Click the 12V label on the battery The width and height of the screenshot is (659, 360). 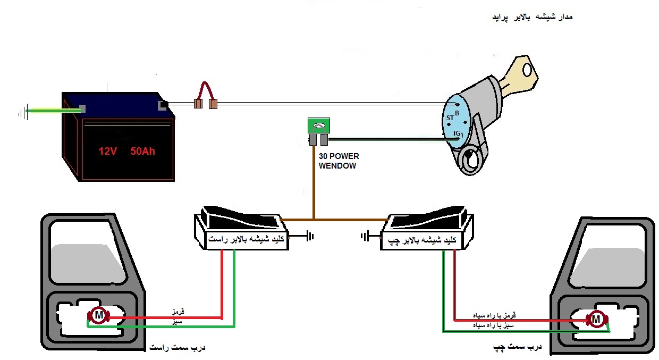[x=108, y=152]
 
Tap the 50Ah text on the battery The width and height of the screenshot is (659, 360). [x=142, y=152]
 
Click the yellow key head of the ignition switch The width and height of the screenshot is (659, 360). [x=523, y=73]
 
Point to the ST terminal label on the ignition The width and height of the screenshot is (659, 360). [x=450, y=118]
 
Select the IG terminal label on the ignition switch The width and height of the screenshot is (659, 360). [x=457, y=133]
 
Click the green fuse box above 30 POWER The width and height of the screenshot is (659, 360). [x=319, y=125]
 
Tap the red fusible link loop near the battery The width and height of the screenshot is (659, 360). [x=205, y=91]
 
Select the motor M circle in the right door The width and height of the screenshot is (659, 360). [x=99, y=315]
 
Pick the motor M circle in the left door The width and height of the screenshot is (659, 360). [x=597, y=320]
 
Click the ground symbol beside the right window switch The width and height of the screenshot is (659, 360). [x=310, y=236]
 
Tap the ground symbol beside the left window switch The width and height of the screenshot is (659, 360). [x=365, y=236]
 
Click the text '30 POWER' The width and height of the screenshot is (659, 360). [x=339, y=156]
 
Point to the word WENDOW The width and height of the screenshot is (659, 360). [x=337, y=166]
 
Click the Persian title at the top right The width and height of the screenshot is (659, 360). [x=533, y=17]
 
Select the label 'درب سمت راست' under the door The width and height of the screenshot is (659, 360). [x=177, y=348]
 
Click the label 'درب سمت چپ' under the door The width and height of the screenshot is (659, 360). [x=517, y=348]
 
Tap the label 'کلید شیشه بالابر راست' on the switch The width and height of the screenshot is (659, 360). [x=246, y=239]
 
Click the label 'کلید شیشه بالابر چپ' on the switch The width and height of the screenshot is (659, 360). [x=422, y=240]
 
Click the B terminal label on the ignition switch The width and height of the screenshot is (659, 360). [x=457, y=113]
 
